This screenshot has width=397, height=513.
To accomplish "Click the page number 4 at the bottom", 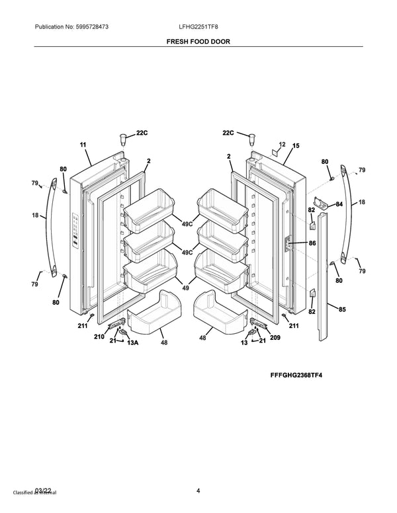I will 198,490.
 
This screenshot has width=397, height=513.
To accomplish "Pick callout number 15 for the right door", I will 296,145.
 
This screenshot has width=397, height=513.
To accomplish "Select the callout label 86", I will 312,243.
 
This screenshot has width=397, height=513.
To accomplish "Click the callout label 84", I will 339,204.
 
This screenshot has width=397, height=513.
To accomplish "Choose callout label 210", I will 99,336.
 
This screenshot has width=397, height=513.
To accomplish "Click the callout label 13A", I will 132,343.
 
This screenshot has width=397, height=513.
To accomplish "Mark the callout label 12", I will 282,145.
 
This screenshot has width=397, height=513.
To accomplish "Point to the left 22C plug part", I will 122,138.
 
